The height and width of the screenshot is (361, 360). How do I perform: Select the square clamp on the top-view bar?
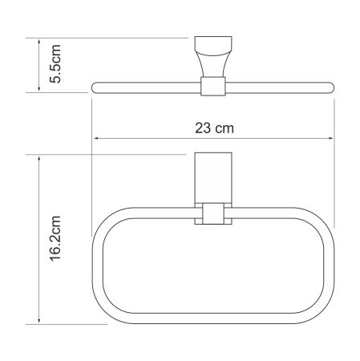tap(212, 85)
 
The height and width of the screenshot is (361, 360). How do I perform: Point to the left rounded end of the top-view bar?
tap(96, 85)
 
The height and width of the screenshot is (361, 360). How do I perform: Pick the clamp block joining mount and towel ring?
tap(212, 215)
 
